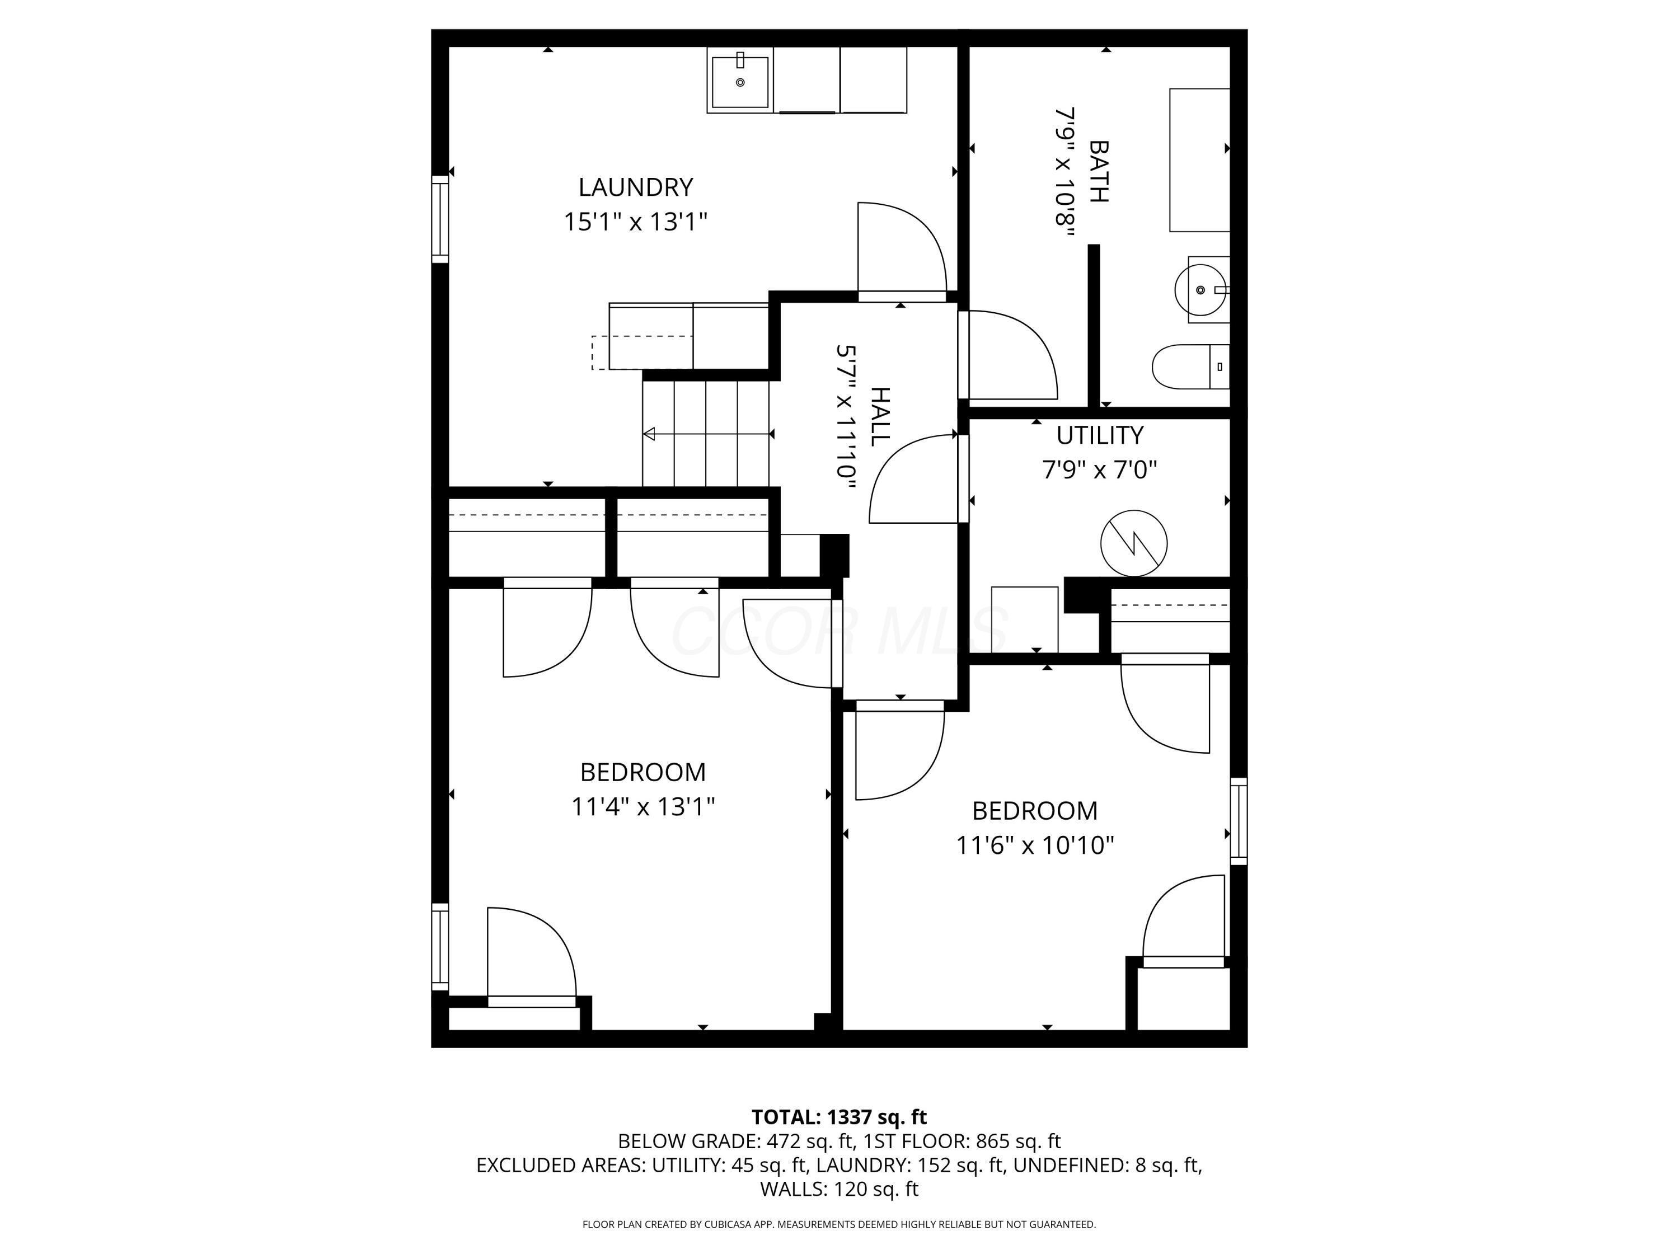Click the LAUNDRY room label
[635, 187]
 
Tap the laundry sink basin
[740, 81]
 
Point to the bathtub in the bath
[1199, 160]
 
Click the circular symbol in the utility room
[1134, 543]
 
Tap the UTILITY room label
[1100, 435]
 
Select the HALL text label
[880, 417]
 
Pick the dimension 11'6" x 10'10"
[1035, 844]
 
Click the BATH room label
[1098, 172]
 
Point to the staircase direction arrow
[708, 434]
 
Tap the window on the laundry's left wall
[440, 219]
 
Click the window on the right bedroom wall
[1238, 821]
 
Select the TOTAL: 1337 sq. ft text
[839, 1117]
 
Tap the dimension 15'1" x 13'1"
[635, 222]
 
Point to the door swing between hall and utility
[913, 478]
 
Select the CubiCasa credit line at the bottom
[839, 1224]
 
